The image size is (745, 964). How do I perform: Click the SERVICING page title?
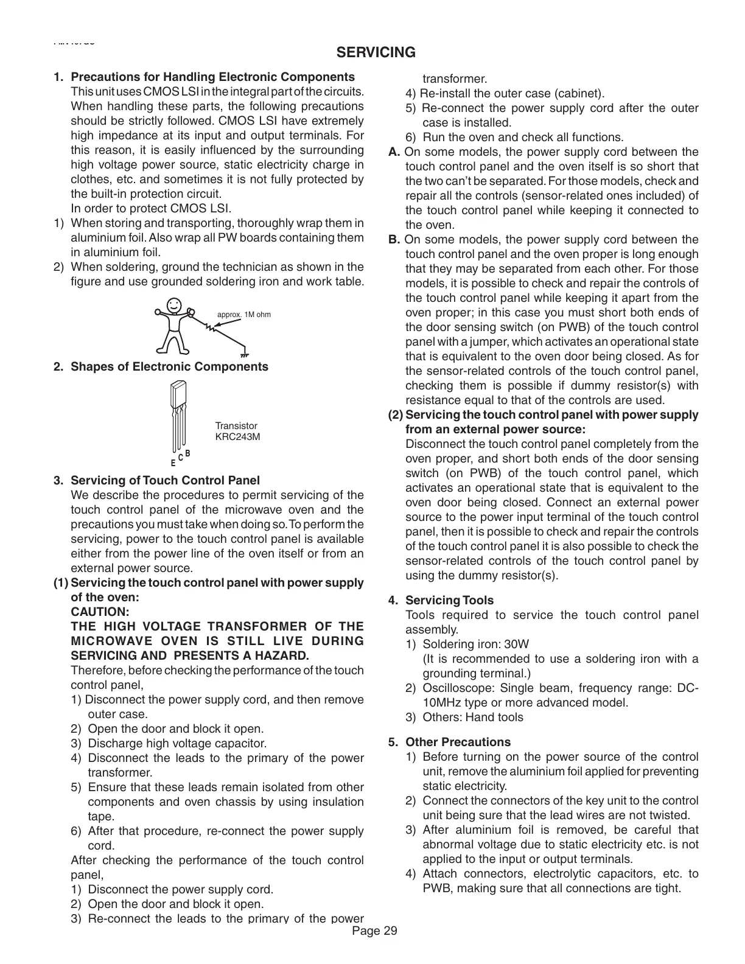pyautogui.click(x=376, y=52)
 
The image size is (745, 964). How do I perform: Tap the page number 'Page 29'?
pyautogui.click(x=374, y=931)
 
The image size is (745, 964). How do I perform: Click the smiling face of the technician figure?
pyautogui.click(x=175, y=304)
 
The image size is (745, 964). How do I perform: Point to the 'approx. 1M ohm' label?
pyautogui.click(x=244, y=315)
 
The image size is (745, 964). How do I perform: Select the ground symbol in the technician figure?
pyautogui.click(x=244, y=353)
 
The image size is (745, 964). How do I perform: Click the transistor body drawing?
pyautogui.click(x=179, y=395)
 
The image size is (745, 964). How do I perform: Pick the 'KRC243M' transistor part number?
pyautogui.click(x=238, y=437)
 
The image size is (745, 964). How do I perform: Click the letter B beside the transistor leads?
pyautogui.click(x=188, y=453)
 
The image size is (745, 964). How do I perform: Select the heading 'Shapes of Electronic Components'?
pyautogui.click(x=169, y=366)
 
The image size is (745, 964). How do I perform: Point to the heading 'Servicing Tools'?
pyautogui.click(x=449, y=600)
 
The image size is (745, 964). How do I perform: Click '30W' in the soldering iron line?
pyautogui.click(x=517, y=644)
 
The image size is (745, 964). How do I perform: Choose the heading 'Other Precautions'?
pyautogui.click(x=458, y=742)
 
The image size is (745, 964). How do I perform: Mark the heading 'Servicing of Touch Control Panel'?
pyautogui.click(x=165, y=481)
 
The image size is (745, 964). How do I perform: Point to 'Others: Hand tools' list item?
pyautogui.click(x=472, y=717)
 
